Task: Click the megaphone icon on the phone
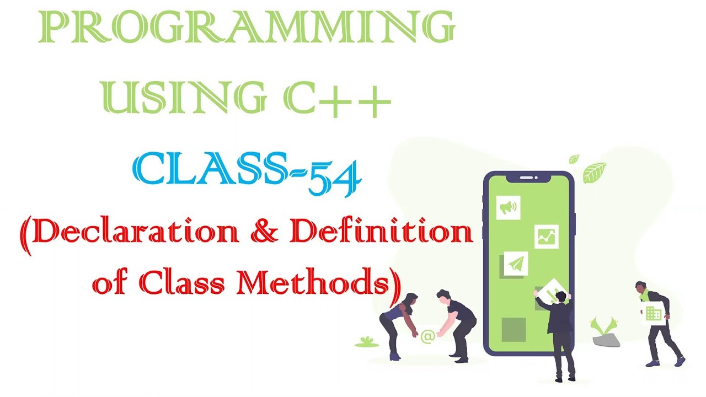tap(508, 207)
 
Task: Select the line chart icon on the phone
tap(546, 237)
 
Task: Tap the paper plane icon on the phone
tap(515, 264)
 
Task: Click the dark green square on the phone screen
tap(514, 329)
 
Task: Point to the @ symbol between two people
tap(427, 336)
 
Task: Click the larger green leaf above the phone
tap(595, 171)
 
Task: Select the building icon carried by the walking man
tap(654, 313)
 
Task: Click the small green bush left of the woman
tap(366, 342)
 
